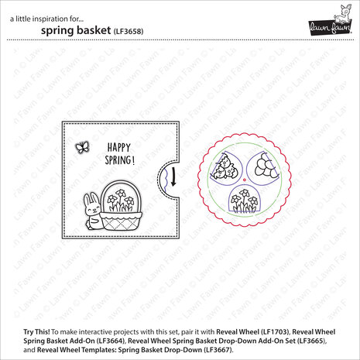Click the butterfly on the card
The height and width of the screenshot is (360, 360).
pos(81,146)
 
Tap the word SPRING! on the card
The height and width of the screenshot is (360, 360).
pos(118,162)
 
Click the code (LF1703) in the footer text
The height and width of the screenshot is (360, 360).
pos(314,319)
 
